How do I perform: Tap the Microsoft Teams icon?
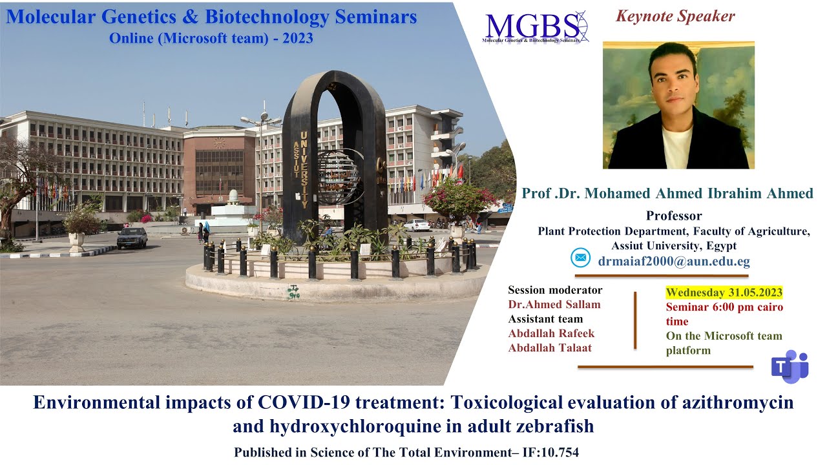[x=790, y=366]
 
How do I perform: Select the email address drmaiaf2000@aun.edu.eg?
[x=674, y=262]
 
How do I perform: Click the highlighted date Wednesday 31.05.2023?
[x=724, y=293]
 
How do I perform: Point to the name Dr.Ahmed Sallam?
[x=554, y=305]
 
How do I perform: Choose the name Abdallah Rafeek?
[x=551, y=333]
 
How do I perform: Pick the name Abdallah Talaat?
[x=550, y=347]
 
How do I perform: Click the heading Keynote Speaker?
[x=675, y=16]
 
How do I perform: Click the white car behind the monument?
[x=417, y=225]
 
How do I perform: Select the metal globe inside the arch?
[x=337, y=176]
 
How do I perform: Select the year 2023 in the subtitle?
[x=297, y=38]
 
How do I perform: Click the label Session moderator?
[x=555, y=290]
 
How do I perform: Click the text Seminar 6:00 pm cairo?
[x=724, y=307]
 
